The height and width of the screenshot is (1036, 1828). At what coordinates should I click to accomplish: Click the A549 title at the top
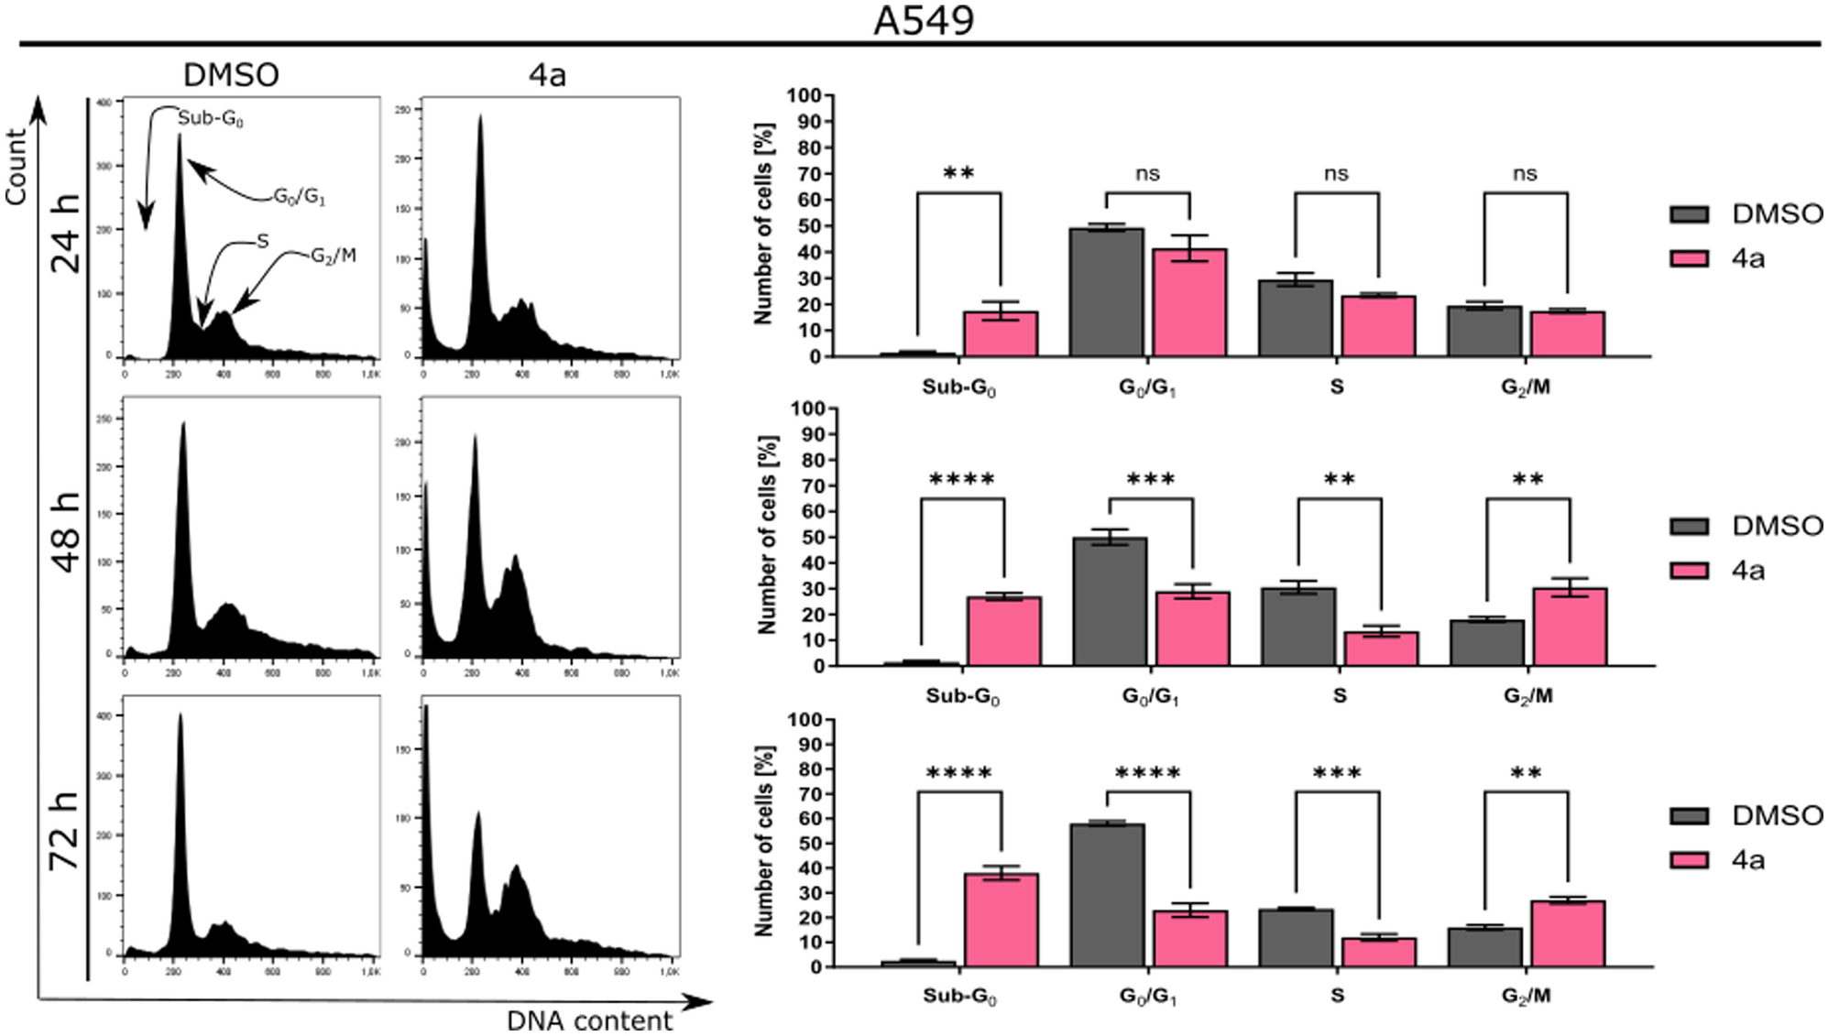[923, 20]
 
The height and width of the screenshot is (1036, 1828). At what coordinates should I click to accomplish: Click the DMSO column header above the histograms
[231, 75]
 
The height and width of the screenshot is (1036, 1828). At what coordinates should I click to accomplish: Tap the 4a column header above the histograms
[547, 75]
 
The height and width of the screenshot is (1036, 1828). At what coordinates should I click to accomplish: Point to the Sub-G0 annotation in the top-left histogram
[211, 118]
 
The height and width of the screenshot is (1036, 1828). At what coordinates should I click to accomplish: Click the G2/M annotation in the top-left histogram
[333, 256]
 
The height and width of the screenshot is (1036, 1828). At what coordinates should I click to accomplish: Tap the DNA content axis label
[589, 1020]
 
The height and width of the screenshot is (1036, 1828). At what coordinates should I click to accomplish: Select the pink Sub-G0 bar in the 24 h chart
[1001, 334]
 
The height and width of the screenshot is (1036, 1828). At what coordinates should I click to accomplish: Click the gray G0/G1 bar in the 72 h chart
[1107, 895]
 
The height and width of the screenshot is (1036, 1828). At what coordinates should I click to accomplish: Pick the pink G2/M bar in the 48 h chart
[1570, 627]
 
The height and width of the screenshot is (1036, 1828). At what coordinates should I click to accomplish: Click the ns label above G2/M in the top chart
[1525, 174]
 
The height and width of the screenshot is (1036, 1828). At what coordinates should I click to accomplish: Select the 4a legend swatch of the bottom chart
[1689, 860]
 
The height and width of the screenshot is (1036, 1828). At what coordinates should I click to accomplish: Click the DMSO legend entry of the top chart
[1776, 214]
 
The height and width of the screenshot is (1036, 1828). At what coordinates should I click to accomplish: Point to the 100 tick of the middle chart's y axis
[806, 409]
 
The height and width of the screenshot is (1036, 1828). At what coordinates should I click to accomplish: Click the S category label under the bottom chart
[1337, 995]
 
